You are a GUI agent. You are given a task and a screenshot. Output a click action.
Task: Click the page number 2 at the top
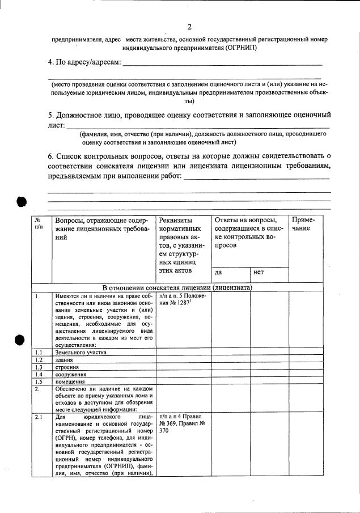coord(189,27)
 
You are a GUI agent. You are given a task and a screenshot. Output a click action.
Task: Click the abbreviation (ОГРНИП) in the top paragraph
coord(240,48)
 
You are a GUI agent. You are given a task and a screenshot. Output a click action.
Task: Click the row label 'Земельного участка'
coord(82,352)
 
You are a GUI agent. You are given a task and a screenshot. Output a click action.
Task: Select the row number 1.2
coord(39,359)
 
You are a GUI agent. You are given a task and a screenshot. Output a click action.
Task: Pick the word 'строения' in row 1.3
coord(67,367)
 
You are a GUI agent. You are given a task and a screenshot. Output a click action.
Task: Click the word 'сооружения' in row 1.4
coord(71,374)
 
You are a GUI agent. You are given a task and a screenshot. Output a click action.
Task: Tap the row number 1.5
coord(39,381)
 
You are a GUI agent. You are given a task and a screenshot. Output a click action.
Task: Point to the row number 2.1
coord(39,418)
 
